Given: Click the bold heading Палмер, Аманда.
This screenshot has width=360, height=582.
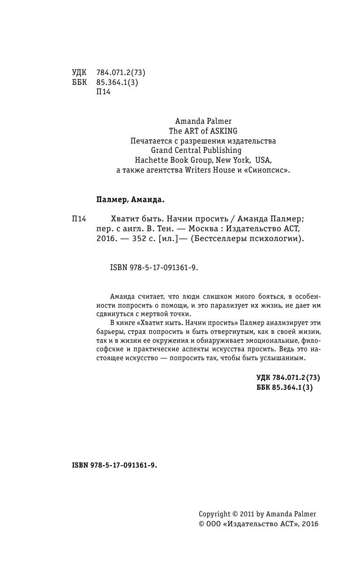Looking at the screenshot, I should click(x=130, y=200).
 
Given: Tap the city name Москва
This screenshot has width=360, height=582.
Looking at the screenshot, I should click(x=203, y=228).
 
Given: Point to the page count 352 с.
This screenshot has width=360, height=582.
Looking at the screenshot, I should click(x=143, y=238).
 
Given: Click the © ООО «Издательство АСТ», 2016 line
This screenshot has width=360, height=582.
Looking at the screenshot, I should click(x=258, y=524).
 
